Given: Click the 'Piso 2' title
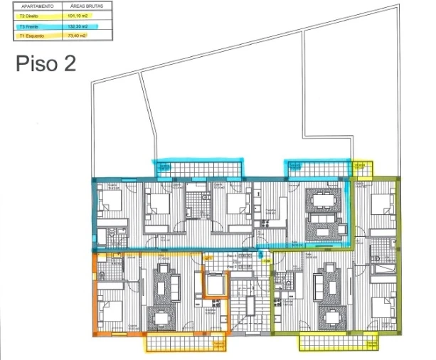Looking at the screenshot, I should tap(46, 65).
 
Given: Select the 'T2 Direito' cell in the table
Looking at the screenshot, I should tap(29, 15).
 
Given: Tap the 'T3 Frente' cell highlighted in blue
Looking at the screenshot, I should tap(29, 26).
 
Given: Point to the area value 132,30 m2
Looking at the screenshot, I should tap(77, 26).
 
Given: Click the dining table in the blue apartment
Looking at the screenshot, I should tap(324, 199).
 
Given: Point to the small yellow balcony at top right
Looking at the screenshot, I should tap(363, 169).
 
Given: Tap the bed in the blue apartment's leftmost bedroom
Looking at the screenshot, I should tap(112, 201).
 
